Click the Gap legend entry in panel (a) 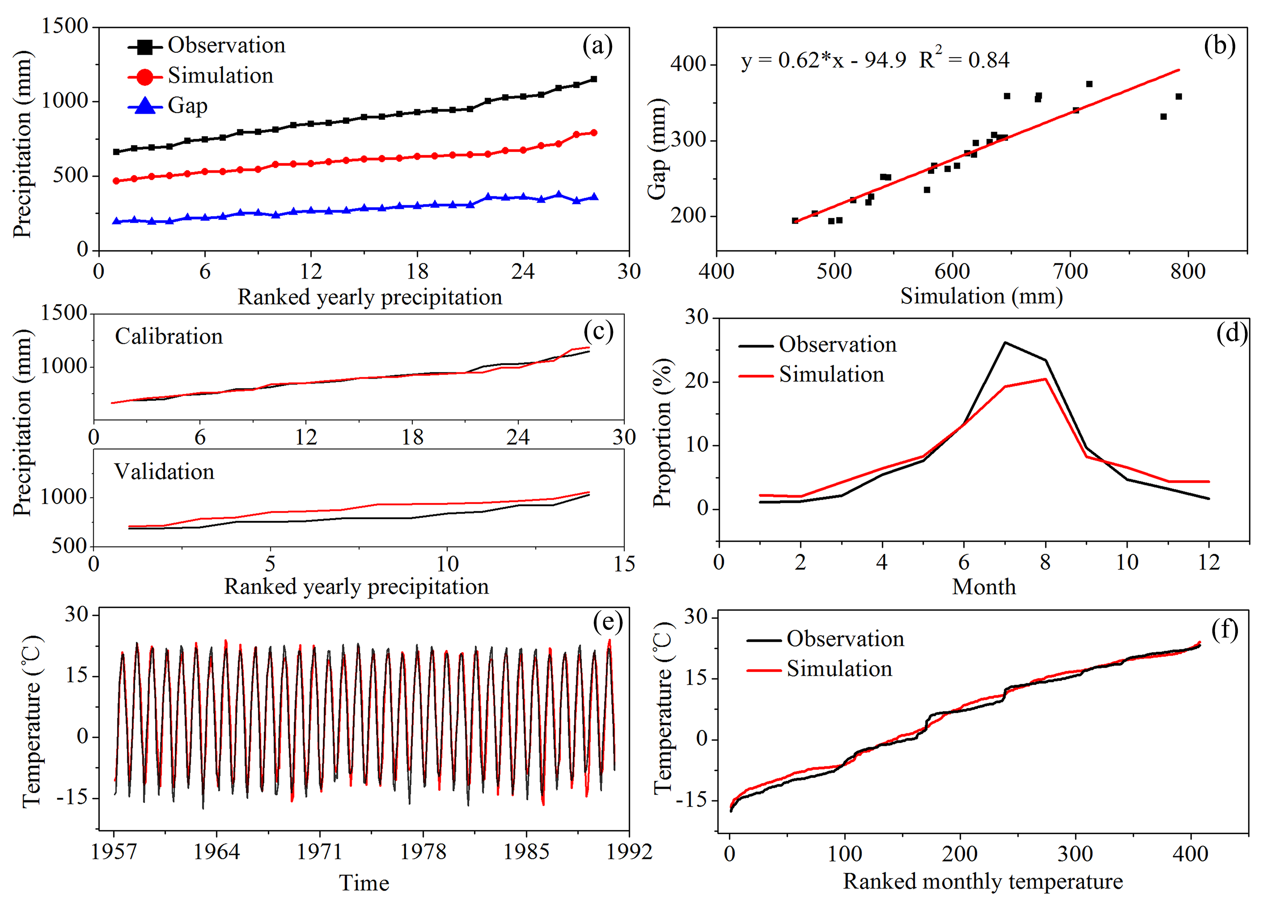click(187, 106)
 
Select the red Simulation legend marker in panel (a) click(145, 76)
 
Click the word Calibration click(169, 337)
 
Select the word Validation click(164, 472)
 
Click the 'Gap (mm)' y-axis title click(658, 149)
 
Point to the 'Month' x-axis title click(984, 587)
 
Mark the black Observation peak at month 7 click(1005, 343)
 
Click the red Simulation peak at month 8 click(1045, 379)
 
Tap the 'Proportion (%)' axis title click(663, 433)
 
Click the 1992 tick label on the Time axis click(629, 851)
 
